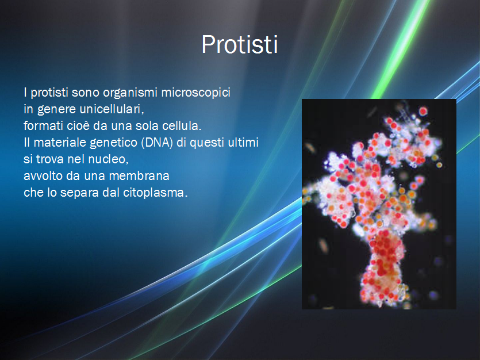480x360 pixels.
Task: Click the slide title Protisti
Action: [240, 45]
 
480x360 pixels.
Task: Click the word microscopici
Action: [195, 93]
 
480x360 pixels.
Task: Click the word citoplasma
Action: [155, 193]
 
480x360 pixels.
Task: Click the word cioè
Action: [78, 126]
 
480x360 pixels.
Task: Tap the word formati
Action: [44, 126]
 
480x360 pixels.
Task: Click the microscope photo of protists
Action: [379, 204]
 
